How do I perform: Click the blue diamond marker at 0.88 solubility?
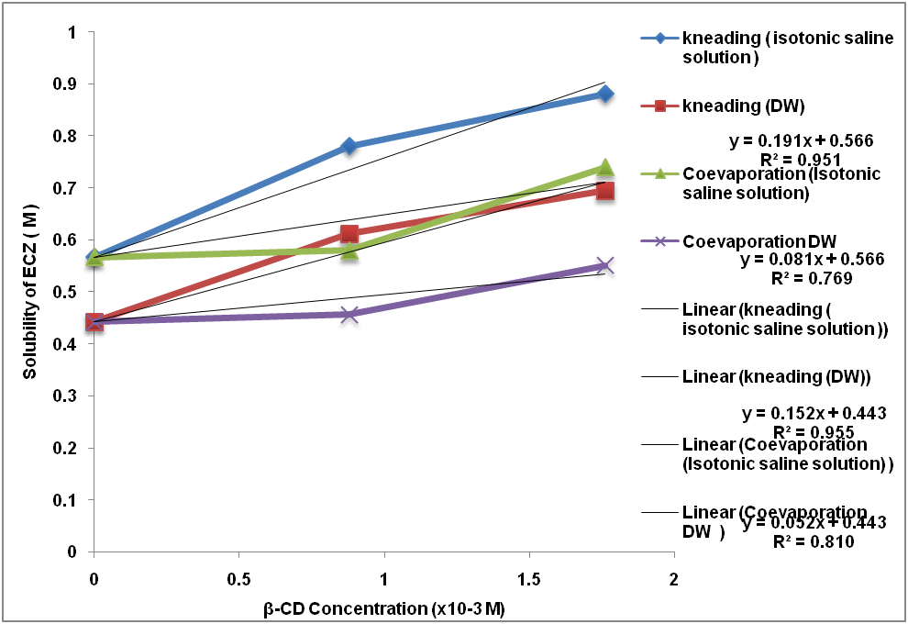[x=605, y=94]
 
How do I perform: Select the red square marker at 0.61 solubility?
[x=349, y=234]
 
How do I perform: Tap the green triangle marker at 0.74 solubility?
[x=605, y=167]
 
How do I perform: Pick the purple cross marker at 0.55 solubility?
[x=605, y=266]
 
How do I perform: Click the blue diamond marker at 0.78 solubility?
[x=349, y=146]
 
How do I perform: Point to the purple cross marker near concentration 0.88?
[x=349, y=315]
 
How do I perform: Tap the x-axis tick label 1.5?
[x=528, y=581]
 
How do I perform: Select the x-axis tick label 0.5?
[x=238, y=581]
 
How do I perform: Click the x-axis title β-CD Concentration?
[x=383, y=608]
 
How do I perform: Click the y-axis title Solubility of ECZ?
[x=31, y=292]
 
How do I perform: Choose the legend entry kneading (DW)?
[x=743, y=106]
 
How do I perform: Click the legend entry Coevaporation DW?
[x=759, y=241]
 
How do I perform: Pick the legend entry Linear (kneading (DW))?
[x=776, y=376]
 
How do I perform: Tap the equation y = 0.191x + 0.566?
[x=801, y=140]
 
